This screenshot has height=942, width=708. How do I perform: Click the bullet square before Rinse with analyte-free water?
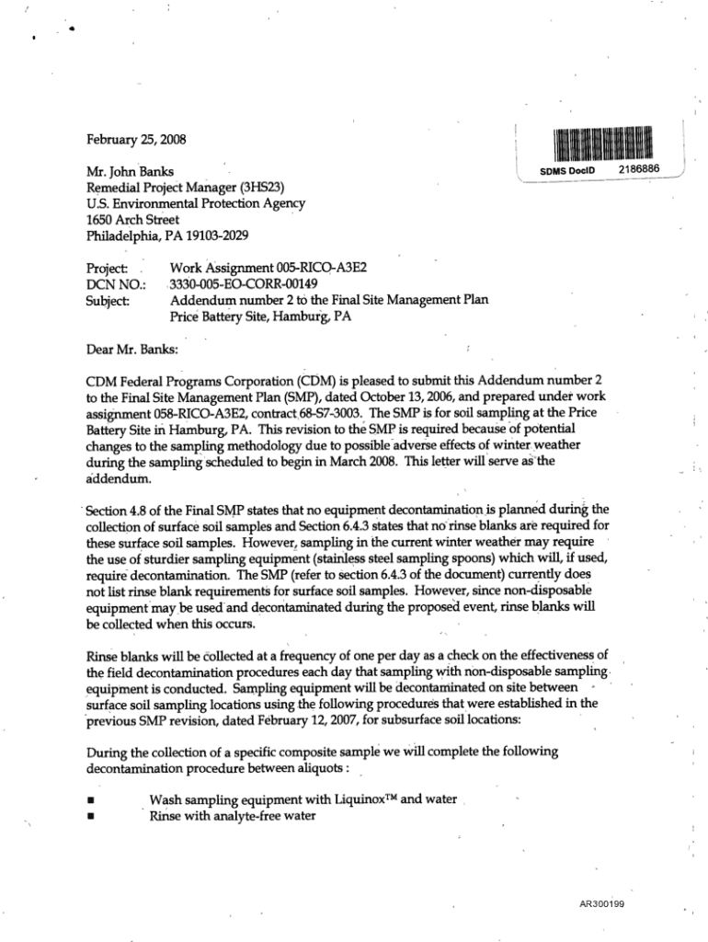click(89, 816)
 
